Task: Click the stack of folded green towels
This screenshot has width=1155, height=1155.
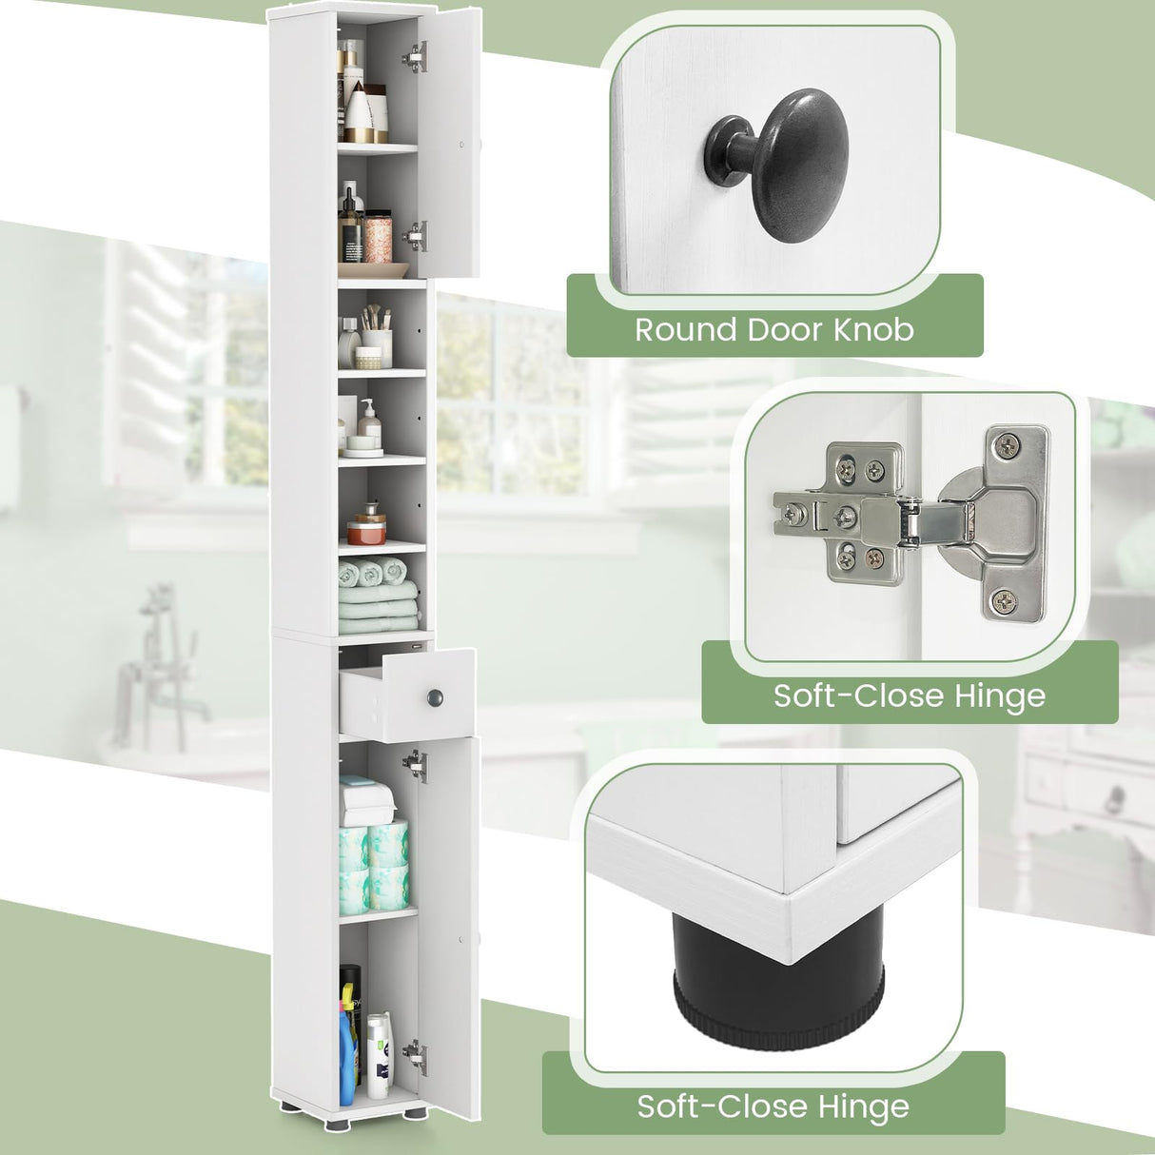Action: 379,611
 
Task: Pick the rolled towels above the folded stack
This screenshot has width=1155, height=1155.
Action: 373,572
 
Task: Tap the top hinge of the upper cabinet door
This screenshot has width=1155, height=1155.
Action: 413,59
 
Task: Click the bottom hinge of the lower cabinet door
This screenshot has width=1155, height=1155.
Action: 414,1052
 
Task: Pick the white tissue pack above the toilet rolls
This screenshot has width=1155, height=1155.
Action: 367,798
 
